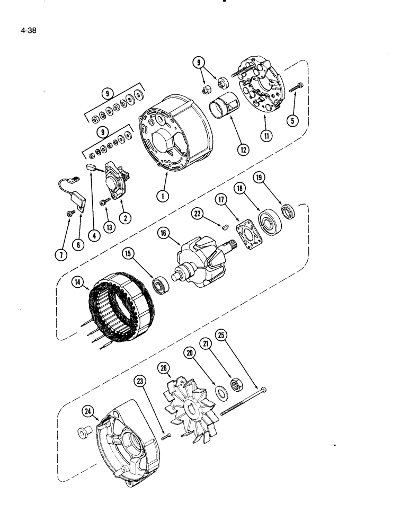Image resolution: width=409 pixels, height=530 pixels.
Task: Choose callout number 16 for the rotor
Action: (x=163, y=233)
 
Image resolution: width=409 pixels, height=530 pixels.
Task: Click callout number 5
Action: (x=289, y=120)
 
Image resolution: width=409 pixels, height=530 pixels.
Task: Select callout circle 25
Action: (x=221, y=335)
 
